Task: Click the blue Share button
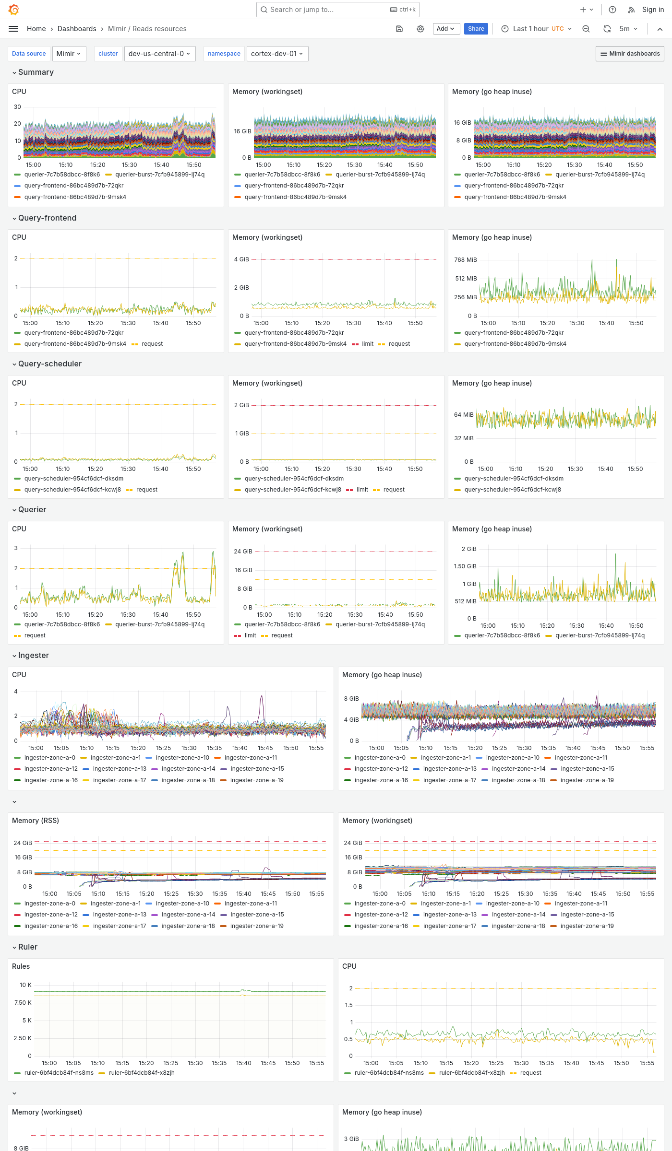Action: [476, 29]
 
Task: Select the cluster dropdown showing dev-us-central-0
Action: [159, 54]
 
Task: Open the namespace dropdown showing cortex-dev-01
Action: [277, 54]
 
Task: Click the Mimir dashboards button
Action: [630, 54]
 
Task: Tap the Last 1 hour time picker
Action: [536, 29]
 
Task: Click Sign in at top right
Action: [653, 10]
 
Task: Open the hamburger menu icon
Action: [13, 29]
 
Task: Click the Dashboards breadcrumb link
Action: [77, 29]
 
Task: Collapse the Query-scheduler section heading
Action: [49, 364]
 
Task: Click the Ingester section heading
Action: [33, 655]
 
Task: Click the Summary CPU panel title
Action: [19, 92]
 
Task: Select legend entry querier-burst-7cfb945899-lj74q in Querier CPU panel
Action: [159, 624]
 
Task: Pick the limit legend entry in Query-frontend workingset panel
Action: [368, 344]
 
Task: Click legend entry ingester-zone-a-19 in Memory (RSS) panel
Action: [256, 926]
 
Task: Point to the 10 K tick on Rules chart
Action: [25, 985]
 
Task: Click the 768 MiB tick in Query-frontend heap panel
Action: [465, 260]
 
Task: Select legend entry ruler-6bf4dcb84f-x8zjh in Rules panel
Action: [141, 1073]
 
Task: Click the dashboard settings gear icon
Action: [420, 29]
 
